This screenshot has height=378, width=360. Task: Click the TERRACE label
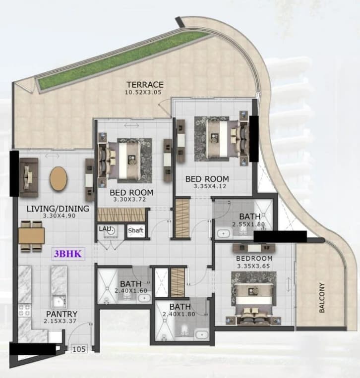pos(145,85)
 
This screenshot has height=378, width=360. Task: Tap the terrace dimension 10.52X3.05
pos(143,92)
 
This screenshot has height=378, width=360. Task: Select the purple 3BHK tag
pos(68,254)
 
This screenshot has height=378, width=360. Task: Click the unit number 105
pos(79,349)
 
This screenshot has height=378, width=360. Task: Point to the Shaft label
pos(135,230)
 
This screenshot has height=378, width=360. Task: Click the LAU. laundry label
pos(106,229)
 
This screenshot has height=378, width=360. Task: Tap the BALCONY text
pos(322,297)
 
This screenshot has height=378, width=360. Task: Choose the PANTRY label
pos(62,314)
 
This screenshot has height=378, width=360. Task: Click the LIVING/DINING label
pos(58,209)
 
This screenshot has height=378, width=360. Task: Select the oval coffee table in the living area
pos(59,179)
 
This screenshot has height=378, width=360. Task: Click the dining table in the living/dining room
pos(31,236)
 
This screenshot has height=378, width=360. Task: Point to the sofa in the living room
pos(29,178)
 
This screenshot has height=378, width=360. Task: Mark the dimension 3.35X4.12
pos(210,186)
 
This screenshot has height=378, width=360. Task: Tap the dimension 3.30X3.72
pos(129,199)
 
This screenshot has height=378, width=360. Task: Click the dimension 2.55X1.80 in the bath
pos(248,224)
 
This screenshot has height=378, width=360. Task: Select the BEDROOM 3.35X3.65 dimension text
pos(253,266)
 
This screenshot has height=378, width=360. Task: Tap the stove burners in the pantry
pos(25,310)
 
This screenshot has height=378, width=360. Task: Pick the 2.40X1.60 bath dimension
pos(131,291)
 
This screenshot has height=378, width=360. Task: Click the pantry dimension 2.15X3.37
pos(60,321)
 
